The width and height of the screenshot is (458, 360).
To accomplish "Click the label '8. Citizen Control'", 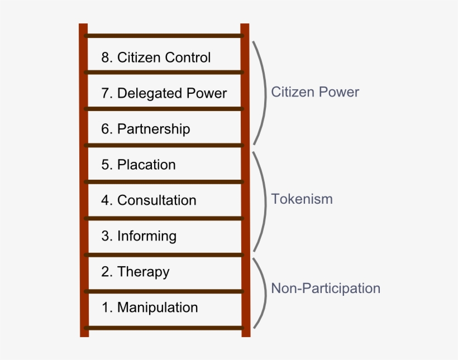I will click(x=156, y=57).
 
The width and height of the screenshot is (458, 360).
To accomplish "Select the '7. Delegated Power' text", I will click(x=164, y=93).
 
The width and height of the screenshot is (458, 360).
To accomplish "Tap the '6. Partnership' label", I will click(x=145, y=129).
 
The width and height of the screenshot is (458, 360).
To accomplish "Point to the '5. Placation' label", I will click(x=138, y=165).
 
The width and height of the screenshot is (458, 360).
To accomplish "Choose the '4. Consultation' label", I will click(x=149, y=200).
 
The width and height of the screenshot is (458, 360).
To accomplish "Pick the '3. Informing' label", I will click(x=139, y=236).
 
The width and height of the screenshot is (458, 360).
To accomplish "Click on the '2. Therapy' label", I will click(x=135, y=272).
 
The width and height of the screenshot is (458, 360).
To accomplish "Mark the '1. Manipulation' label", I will click(x=149, y=308).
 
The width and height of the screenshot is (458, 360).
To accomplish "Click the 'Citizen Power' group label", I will click(x=315, y=92).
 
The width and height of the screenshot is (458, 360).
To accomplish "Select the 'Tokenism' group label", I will click(x=302, y=199).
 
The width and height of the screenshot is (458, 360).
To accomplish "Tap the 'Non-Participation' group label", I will click(x=326, y=289).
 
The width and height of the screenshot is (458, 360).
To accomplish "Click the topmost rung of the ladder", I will click(x=164, y=36).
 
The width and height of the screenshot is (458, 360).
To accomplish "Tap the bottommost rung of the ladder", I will click(x=164, y=328).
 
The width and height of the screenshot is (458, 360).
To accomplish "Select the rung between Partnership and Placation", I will click(x=164, y=146).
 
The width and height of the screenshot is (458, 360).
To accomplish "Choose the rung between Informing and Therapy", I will click(x=164, y=255).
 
